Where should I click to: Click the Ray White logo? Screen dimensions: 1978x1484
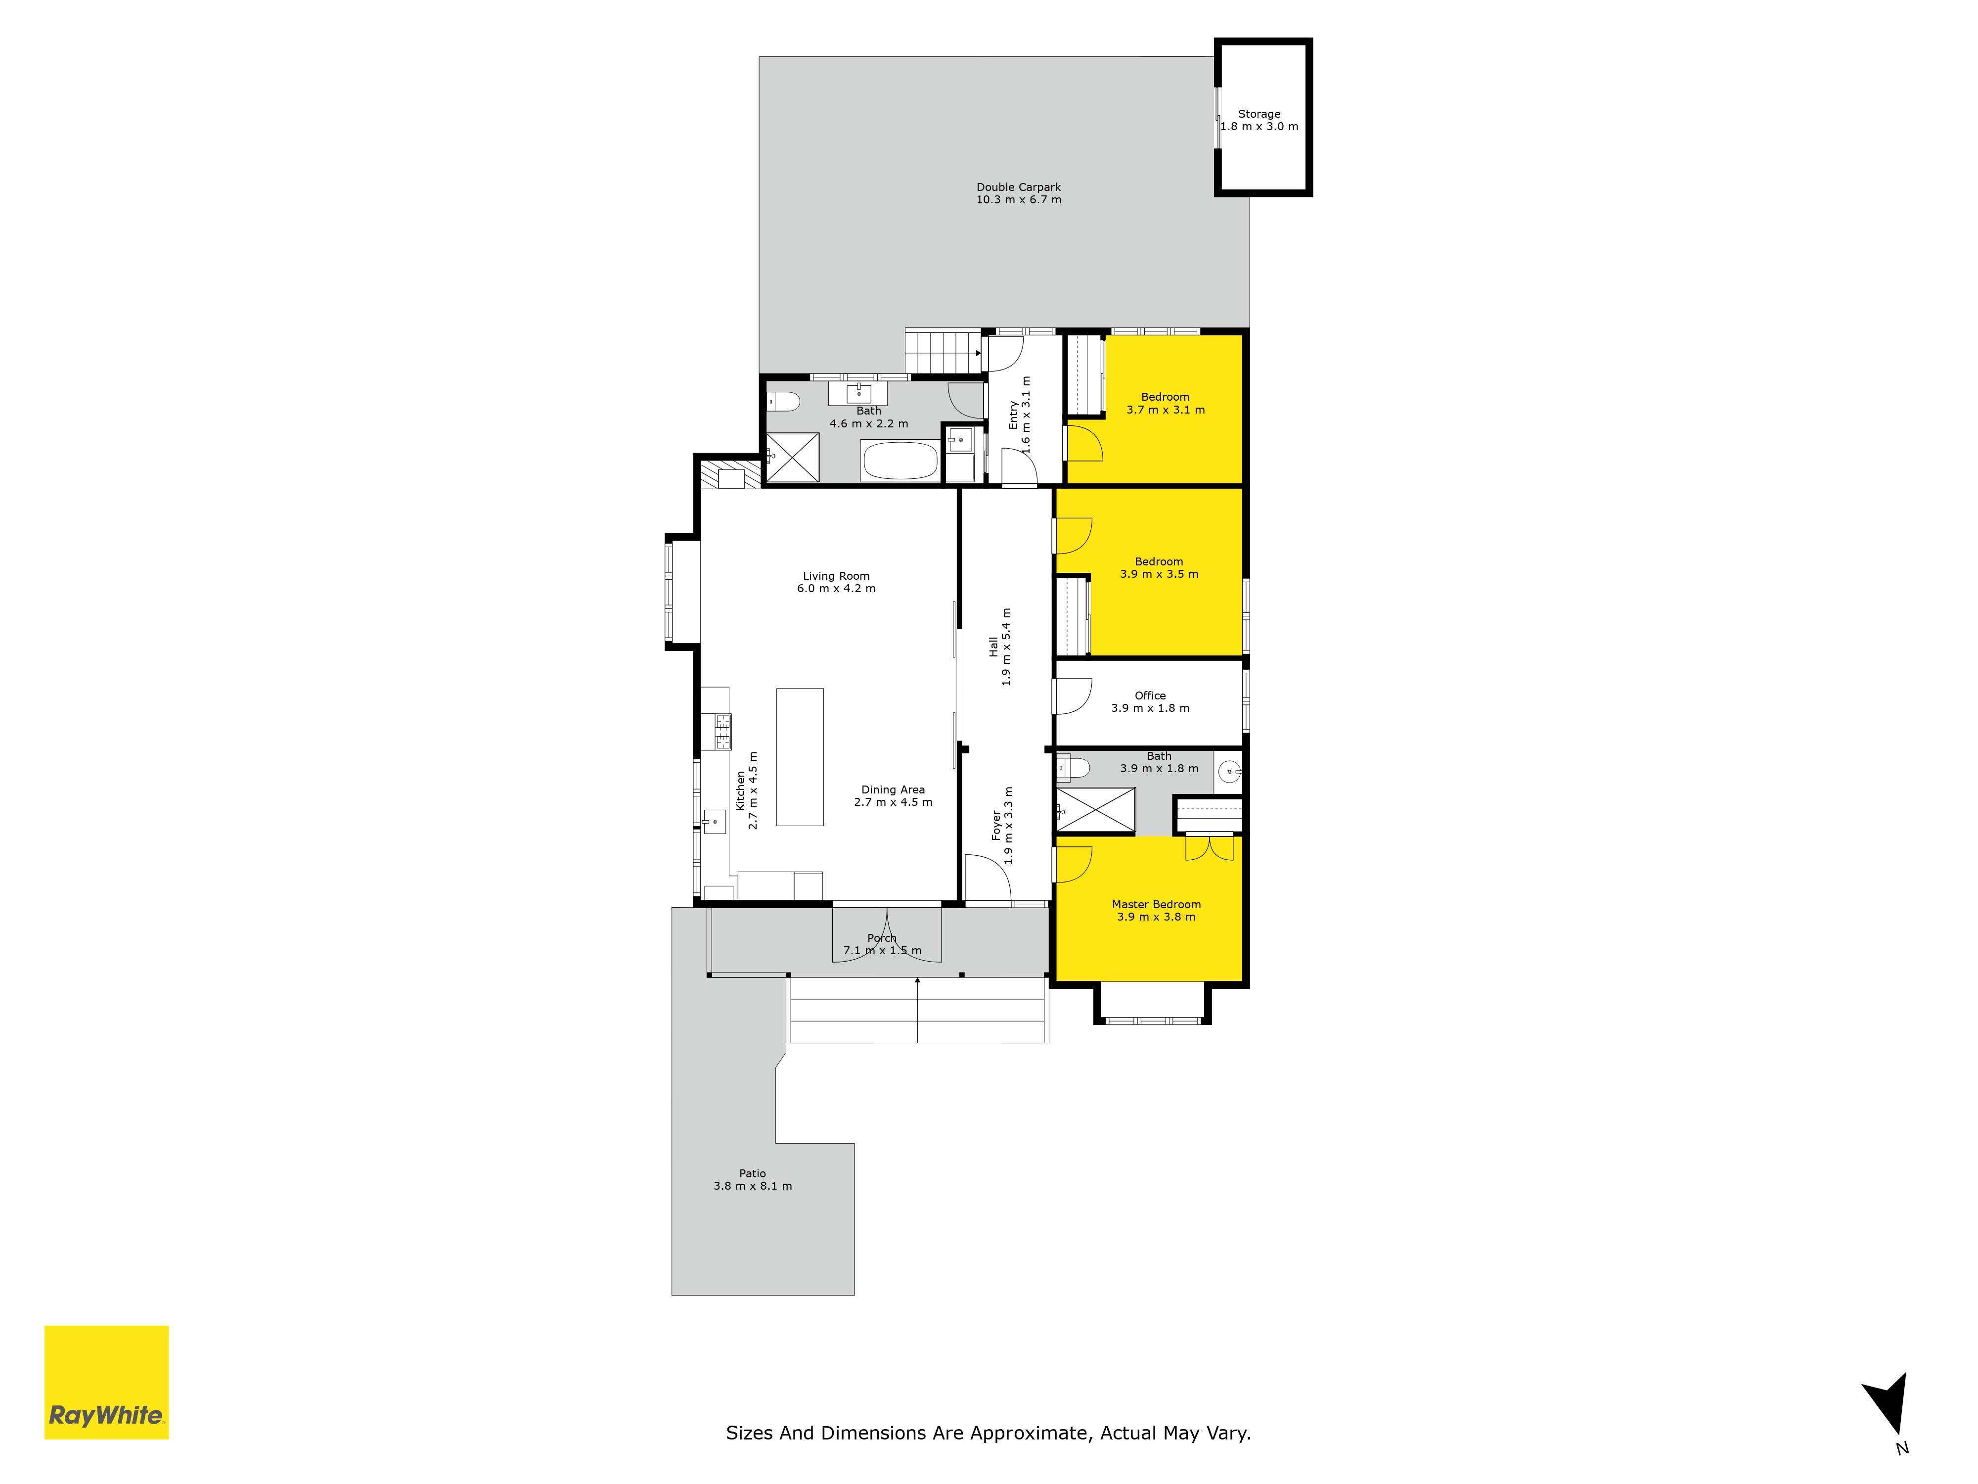(106, 1382)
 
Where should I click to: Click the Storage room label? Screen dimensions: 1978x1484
(1259, 114)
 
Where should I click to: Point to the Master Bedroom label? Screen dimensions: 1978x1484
(1156, 904)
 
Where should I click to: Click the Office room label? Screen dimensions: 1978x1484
(1150, 695)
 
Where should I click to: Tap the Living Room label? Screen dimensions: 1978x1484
(836, 576)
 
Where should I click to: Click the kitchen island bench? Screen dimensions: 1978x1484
(800, 757)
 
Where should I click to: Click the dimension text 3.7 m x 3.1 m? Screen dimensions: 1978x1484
(1165, 410)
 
